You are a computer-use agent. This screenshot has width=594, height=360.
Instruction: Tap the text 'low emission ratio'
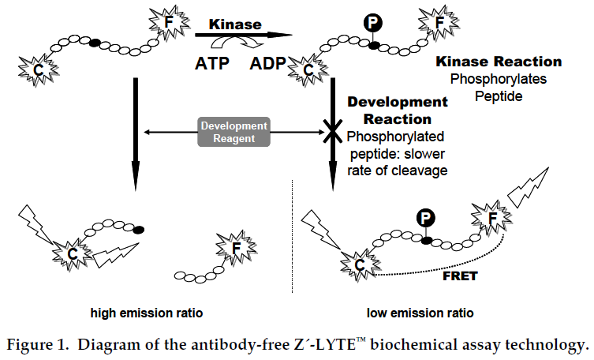[421, 313]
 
